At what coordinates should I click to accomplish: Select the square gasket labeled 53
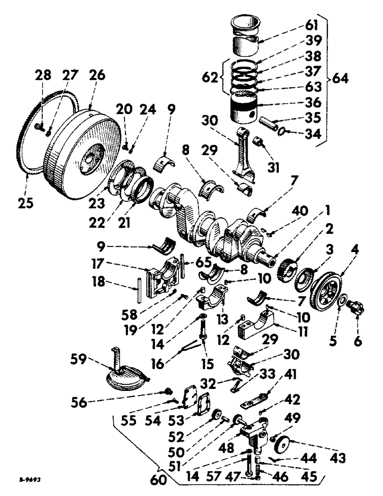204,409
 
